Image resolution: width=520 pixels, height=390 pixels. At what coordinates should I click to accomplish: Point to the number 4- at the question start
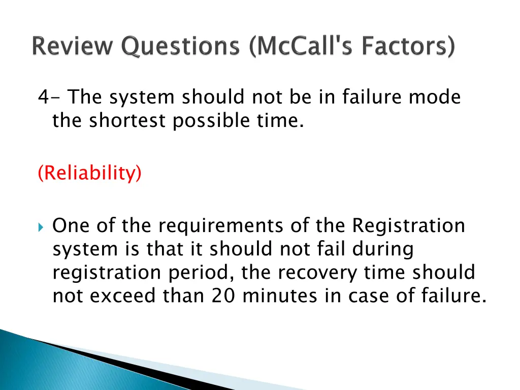(x=49, y=96)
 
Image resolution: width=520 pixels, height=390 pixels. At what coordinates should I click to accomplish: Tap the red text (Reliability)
(x=90, y=173)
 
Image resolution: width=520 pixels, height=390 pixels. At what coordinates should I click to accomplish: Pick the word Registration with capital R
(x=408, y=225)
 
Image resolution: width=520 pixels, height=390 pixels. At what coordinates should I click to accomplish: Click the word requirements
(x=217, y=225)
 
